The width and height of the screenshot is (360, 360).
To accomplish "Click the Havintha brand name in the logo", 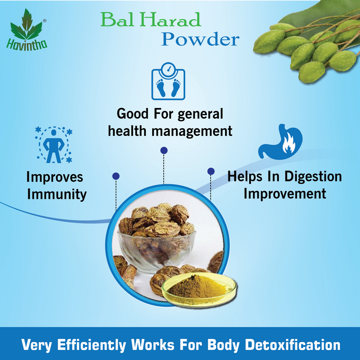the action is (x=26, y=44).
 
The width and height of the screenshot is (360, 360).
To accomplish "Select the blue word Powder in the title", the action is (x=200, y=39).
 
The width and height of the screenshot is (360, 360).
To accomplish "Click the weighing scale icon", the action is (x=168, y=81).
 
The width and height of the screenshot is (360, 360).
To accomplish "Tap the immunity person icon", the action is (x=54, y=144).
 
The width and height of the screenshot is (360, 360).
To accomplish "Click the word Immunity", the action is (x=57, y=194).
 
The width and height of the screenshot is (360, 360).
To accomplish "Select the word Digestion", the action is (x=313, y=177).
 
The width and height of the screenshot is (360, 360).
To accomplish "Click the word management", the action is (x=192, y=131).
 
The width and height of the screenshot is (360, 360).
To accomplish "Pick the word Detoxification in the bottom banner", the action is (x=292, y=345).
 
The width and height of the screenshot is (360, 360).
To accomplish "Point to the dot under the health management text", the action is (x=164, y=150).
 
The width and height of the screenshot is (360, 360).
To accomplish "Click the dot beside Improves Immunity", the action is (x=116, y=176).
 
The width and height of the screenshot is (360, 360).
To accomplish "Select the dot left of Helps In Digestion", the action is (x=211, y=171).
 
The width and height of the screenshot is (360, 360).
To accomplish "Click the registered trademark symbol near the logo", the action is (x=45, y=21).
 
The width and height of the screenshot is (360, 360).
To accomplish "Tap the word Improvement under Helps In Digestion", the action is (x=285, y=194).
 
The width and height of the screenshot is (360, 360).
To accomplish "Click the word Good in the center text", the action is (x=132, y=114).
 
